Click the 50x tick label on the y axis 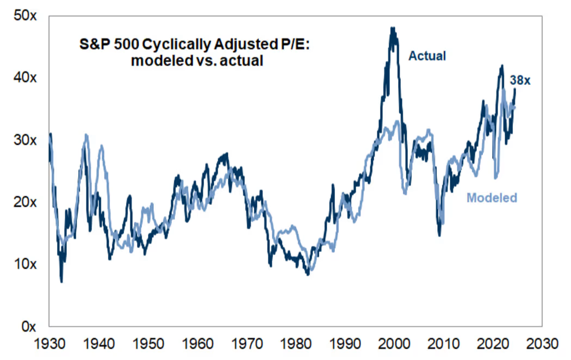coord(25,16)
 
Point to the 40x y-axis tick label coord(25,78)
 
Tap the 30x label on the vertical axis coord(25,140)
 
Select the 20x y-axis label coord(25,202)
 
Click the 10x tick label coord(25,264)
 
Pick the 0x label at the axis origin coord(28,326)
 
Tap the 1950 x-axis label coord(148,345)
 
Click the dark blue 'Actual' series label coord(427,55)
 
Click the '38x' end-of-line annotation coord(520,81)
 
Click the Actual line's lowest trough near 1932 coord(61,281)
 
